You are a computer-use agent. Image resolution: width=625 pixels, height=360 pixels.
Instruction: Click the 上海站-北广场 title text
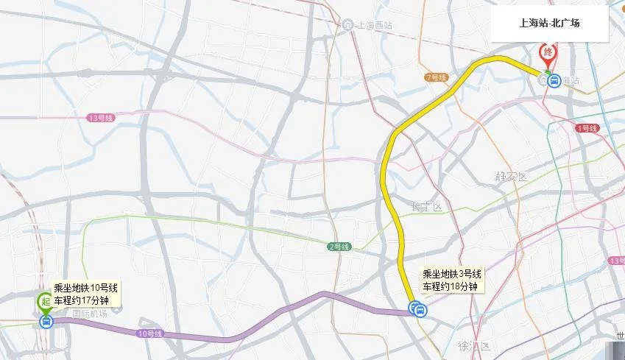(549, 23)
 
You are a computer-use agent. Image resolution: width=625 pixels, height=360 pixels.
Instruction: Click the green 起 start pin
(46, 300)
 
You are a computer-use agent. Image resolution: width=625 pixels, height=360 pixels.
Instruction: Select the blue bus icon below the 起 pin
(46, 321)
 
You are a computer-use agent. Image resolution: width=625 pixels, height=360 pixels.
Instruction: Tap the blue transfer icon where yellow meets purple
(417, 309)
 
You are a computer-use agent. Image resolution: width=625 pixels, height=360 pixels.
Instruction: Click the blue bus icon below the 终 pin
(552, 80)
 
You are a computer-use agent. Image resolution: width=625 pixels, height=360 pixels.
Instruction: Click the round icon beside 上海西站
(347, 24)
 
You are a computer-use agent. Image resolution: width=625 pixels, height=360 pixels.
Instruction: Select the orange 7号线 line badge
(437, 77)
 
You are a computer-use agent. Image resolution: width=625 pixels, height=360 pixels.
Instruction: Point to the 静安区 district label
(512, 177)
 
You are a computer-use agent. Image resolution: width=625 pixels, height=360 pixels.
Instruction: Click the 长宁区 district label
(426, 207)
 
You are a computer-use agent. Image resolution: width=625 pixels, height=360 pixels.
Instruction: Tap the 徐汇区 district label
(474, 346)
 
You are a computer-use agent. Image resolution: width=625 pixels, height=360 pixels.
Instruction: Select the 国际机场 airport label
(90, 314)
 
